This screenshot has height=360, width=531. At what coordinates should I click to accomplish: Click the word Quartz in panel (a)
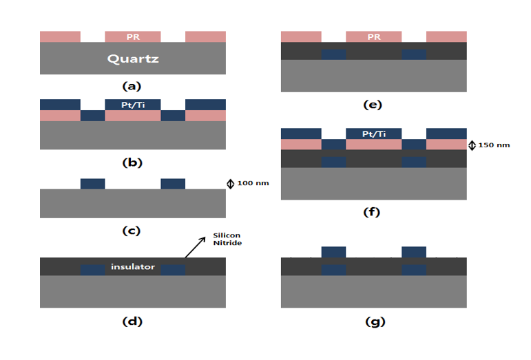tap(133, 59)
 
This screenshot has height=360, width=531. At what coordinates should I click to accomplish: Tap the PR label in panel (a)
tap(133, 37)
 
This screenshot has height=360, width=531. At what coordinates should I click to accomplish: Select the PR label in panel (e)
tap(374, 37)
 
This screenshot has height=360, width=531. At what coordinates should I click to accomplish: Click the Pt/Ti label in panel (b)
tap(133, 105)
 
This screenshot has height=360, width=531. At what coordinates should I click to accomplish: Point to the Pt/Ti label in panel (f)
tap(374, 134)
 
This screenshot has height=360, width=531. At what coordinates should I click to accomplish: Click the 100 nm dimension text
tap(253, 183)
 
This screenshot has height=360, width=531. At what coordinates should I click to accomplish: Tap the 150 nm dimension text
tap(494, 145)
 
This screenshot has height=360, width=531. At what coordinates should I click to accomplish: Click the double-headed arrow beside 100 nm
tap(230, 184)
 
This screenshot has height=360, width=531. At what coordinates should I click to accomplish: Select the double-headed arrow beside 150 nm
tap(472, 145)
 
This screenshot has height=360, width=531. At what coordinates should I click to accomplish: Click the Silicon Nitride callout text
tap(227, 239)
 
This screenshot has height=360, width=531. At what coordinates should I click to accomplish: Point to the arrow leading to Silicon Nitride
tap(196, 247)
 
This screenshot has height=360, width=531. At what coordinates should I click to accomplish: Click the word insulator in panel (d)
tap(133, 266)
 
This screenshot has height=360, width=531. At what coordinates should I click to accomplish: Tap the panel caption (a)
tap(132, 86)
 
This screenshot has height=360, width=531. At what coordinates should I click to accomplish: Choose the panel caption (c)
tap(131, 231)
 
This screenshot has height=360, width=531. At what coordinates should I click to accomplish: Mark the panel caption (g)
tap(375, 321)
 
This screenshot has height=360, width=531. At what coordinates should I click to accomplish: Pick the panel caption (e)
tap(373, 105)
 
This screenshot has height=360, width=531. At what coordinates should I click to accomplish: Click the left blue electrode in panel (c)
tap(93, 184)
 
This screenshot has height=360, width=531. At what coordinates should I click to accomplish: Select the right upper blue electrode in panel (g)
tap(414, 253)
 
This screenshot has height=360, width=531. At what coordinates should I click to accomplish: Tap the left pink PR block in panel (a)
tap(61, 36)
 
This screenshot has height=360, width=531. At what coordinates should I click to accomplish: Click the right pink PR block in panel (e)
tap(446, 36)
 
